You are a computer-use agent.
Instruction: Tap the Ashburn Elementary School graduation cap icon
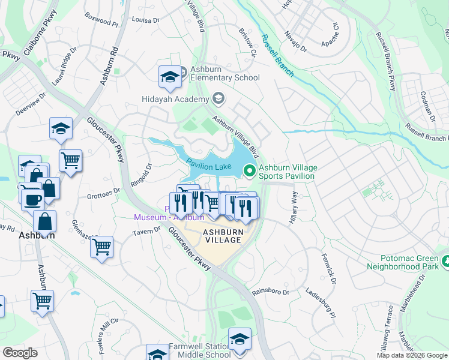170,76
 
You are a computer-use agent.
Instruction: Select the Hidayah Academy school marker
218,98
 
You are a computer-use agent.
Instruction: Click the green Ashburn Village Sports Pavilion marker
249,172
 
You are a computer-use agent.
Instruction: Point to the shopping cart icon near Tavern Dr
101,246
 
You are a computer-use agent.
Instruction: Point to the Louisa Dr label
146,20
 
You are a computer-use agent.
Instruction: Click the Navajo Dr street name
295,41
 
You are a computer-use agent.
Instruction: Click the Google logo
20,353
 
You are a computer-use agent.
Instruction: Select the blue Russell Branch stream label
277,55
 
